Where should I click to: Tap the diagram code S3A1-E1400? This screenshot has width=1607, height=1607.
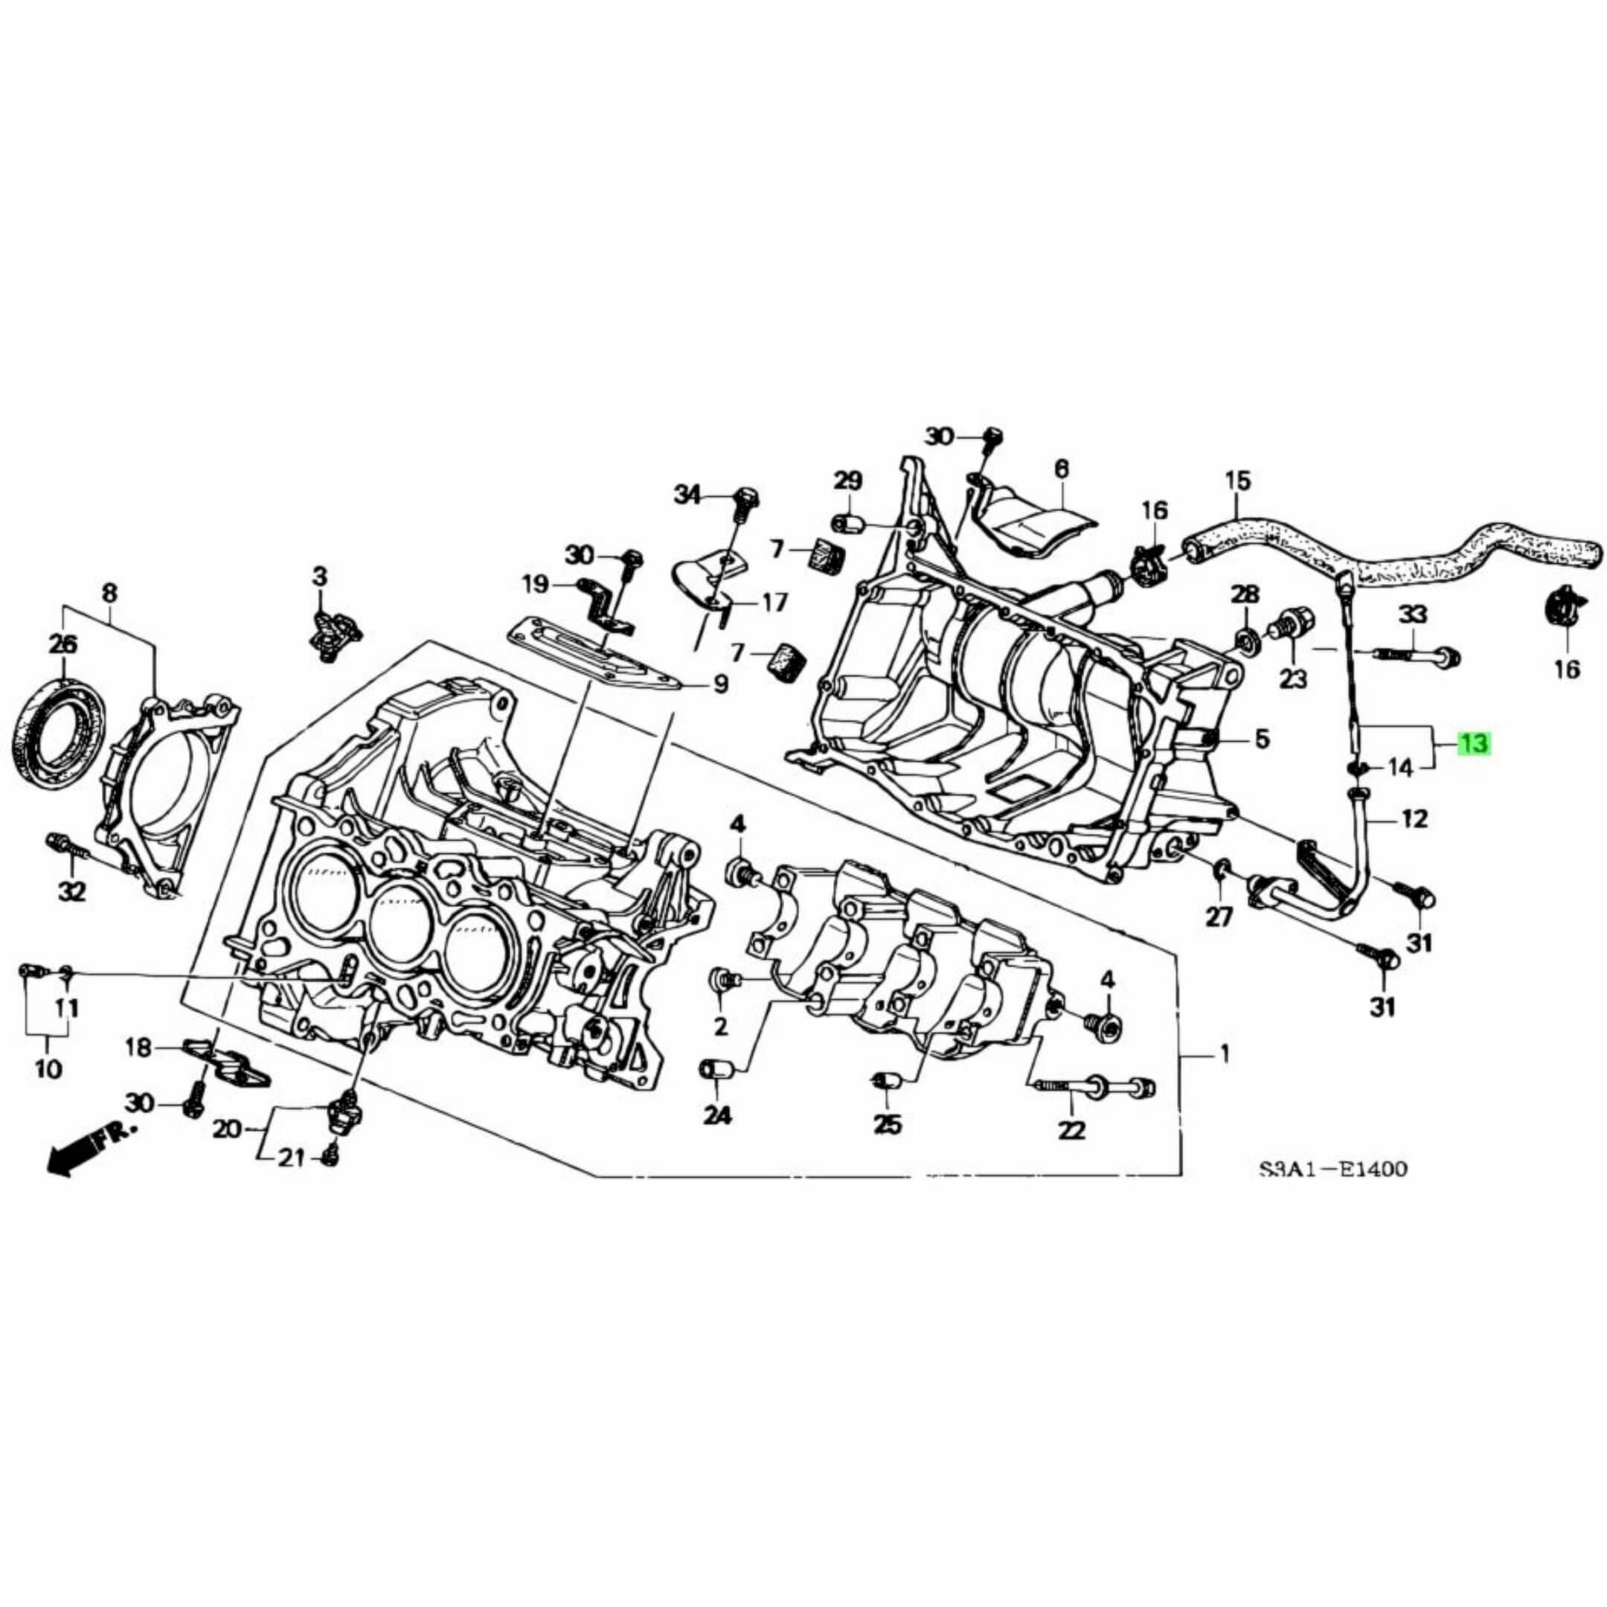(1332, 1170)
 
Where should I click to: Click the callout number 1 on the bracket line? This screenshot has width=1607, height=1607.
(1224, 1056)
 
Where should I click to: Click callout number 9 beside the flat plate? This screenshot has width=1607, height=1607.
(720, 684)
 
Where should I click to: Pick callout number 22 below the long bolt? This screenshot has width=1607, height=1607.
(1073, 1130)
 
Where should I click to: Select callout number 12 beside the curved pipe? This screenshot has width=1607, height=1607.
(1414, 819)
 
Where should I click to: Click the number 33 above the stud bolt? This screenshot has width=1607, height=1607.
(1411, 615)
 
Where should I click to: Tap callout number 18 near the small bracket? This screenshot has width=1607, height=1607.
(139, 1048)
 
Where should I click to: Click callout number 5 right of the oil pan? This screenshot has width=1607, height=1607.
(1262, 737)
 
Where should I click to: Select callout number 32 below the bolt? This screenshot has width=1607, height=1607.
(71, 892)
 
